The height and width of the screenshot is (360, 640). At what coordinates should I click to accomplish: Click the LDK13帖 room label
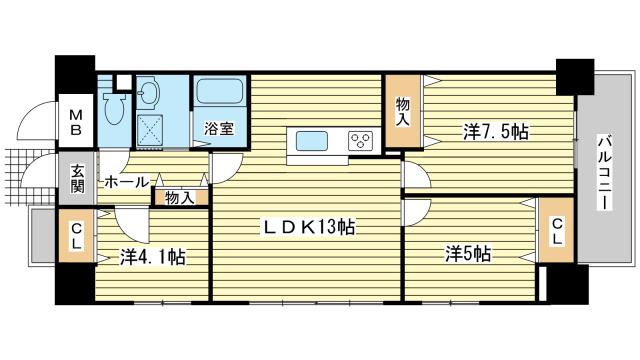(309, 227)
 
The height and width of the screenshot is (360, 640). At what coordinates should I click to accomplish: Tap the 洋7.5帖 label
(496, 132)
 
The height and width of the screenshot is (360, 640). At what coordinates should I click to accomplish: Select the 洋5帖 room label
(468, 253)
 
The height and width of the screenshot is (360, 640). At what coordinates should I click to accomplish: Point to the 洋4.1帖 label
(153, 257)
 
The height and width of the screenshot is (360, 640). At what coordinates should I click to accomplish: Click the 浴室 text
(219, 129)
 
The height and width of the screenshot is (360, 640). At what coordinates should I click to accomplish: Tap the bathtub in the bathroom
(220, 91)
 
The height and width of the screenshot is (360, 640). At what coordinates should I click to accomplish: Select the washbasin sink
(149, 93)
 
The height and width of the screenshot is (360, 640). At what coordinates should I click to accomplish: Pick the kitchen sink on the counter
(312, 142)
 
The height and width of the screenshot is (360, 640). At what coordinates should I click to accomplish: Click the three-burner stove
(360, 141)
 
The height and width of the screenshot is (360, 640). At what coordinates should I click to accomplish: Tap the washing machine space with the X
(149, 129)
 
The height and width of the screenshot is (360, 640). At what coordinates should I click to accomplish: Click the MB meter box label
(75, 122)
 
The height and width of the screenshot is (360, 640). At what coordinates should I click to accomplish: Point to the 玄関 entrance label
(77, 178)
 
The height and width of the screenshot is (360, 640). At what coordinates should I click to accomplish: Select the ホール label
(127, 182)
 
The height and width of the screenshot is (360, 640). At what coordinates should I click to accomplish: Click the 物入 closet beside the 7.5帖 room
(403, 111)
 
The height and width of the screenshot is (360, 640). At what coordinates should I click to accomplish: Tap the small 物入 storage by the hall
(180, 198)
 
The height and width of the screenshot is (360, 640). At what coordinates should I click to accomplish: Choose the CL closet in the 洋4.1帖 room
(76, 236)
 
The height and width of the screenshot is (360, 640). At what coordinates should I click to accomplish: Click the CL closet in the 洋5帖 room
(557, 230)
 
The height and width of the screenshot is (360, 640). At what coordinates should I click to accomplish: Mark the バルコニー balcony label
(605, 172)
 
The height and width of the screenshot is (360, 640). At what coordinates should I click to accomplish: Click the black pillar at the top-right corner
(575, 77)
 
